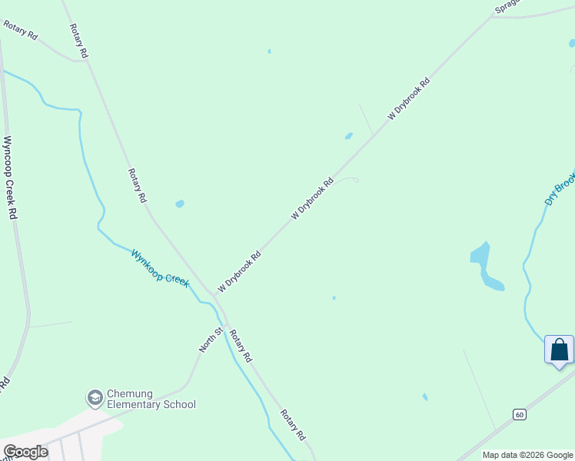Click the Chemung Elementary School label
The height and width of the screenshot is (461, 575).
click(x=151, y=399)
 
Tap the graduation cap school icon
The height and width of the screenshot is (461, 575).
click(x=95, y=397)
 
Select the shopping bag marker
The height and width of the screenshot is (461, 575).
click(x=559, y=350)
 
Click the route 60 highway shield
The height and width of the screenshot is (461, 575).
click(x=520, y=415)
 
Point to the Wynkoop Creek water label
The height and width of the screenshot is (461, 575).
click(x=160, y=268)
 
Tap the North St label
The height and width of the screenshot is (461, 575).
click(x=211, y=339)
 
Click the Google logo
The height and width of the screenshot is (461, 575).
click(x=25, y=452)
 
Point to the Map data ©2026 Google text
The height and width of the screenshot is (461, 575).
click(x=527, y=455)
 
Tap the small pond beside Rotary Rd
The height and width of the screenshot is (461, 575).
click(x=180, y=204)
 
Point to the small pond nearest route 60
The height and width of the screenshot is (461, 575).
click(x=425, y=397)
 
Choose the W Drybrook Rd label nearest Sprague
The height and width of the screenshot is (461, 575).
click(x=408, y=98)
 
